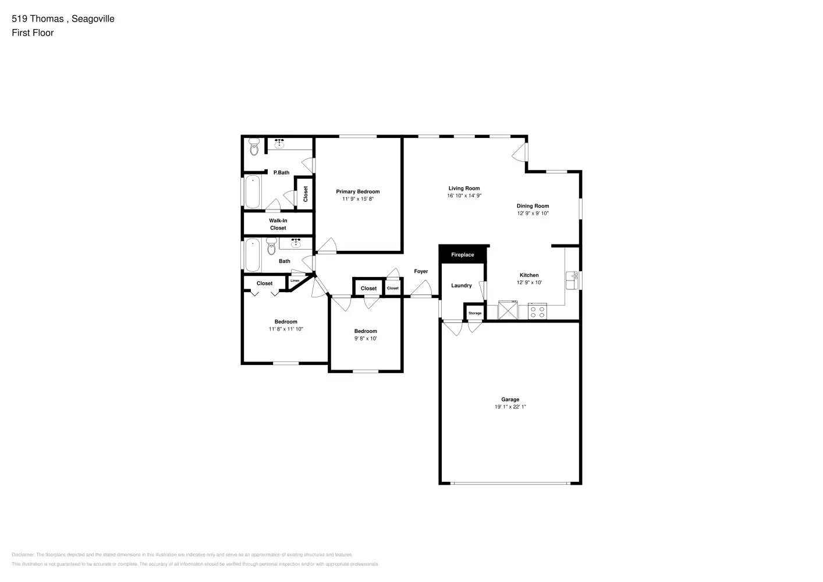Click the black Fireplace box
tap(463, 254)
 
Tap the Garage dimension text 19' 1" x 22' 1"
tap(510, 407)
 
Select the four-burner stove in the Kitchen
tap(537, 311)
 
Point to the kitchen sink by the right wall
tap(572, 280)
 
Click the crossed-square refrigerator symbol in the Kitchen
tap(508, 310)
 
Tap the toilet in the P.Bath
tap(253, 148)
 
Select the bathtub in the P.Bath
tap(253, 191)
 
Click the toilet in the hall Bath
tap(271, 249)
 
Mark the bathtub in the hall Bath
tap(253, 255)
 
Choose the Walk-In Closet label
tap(278, 224)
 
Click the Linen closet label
tap(295, 281)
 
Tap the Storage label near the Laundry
tap(475, 313)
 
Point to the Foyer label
tap(421, 271)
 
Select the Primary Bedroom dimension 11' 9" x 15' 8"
tap(357, 199)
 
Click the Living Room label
tap(464, 188)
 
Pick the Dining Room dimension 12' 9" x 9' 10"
tap(533, 213)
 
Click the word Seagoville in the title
tap(93, 19)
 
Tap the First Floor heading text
tap(33, 33)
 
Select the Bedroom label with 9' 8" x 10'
tap(366, 331)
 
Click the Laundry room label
tap(462, 285)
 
